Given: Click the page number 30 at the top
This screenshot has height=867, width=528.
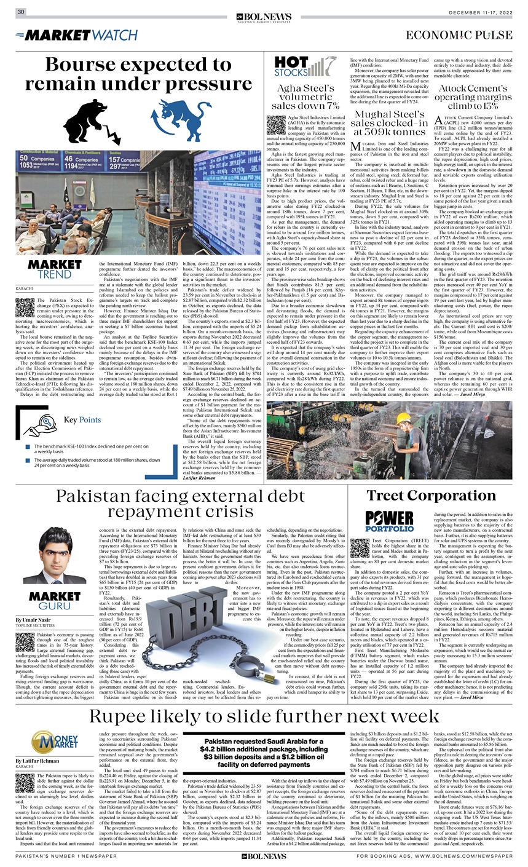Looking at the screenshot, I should point(20,12).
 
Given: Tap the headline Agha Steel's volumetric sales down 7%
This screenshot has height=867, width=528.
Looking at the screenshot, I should point(305,98).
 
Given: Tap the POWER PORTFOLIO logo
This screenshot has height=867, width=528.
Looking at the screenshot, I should point(389,521).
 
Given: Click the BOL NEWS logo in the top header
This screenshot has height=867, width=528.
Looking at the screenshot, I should point(264,13).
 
